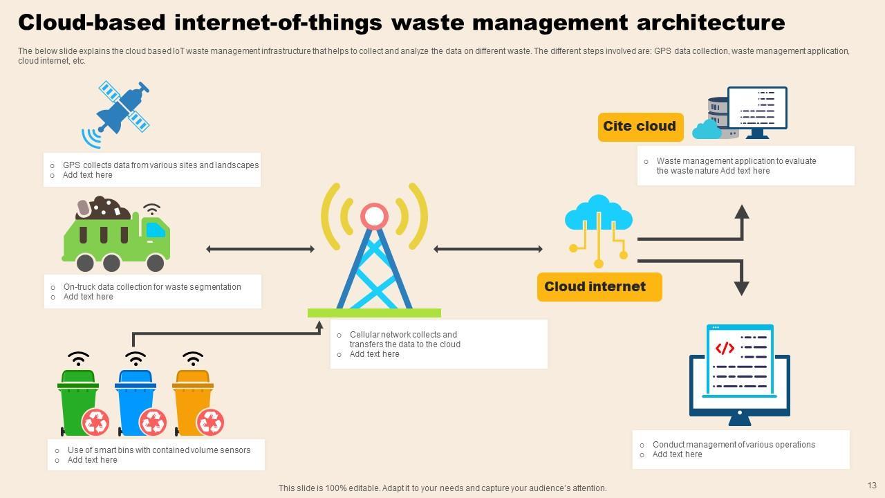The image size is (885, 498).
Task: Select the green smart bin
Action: pos(77,401)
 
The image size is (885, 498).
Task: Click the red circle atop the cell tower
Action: pos(374,216)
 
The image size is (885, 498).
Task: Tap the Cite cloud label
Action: pos(640,127)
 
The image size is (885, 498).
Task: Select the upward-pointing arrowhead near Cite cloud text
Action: pos(742,212)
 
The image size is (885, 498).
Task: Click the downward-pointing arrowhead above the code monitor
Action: pos(742,288)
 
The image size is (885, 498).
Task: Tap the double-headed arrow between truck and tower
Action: pos(261,249)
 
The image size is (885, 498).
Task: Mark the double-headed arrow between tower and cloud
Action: pos(488,249)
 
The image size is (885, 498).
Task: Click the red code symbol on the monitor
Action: pos(725,348)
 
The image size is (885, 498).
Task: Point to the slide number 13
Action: pos(871,486)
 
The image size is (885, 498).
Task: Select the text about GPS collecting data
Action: pos(160,165)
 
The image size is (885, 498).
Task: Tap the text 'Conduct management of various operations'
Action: pos(734,445)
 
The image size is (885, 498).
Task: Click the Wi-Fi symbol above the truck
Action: pos(151,209)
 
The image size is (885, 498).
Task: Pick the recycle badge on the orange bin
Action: pos(209,421)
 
